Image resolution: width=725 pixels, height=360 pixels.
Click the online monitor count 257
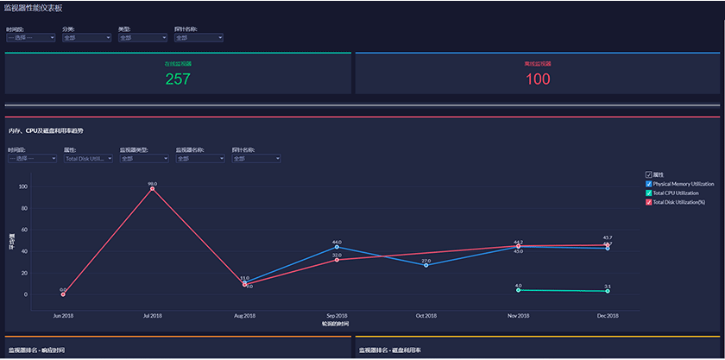(178, 79)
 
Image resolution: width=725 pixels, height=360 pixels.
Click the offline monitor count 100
(537, 79)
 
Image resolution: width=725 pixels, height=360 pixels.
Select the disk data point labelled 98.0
(153, 188)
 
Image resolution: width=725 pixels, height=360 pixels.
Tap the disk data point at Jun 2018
(63, 294)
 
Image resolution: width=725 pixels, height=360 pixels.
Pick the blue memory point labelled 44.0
(337, 247)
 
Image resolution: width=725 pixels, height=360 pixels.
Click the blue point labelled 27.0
(426, 265)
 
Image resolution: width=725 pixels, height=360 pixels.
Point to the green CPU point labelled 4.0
(518, 290)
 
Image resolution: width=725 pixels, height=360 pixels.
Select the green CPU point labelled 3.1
(608, 291)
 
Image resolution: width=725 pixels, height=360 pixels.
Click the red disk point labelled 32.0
(337, 260)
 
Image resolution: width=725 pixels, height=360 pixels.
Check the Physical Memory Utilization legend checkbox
(649, 184)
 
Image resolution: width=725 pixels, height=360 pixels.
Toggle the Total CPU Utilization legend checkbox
(649, 193)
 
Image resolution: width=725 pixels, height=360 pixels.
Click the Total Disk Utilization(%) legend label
(679, 202)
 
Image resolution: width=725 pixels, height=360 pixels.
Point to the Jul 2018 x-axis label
(153, 316)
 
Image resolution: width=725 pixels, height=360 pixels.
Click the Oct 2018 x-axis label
(426, 316)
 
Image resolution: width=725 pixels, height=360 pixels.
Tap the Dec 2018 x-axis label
(608, 316)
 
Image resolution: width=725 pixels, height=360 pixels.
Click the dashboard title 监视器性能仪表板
(34, 7)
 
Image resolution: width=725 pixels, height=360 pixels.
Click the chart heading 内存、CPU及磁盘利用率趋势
(47, 130)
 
